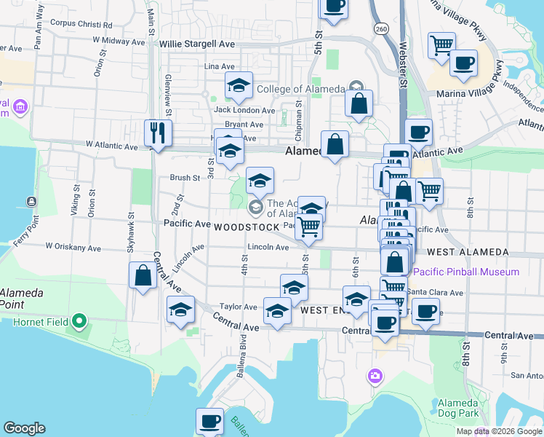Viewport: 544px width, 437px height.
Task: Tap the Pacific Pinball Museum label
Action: click(x=466, y=272)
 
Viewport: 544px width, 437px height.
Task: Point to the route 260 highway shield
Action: click(x=381, y=28)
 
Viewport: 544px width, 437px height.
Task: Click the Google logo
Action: click(x=24, y=428)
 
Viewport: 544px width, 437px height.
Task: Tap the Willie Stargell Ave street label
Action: click(x=197, y=44)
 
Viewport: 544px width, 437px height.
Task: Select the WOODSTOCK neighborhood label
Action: click(x=247, y=227)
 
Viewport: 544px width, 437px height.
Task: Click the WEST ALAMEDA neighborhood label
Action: click(x=468, y=252)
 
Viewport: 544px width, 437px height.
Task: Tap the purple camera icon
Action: click(x=375, y=376)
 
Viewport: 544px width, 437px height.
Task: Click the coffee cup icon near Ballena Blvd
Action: click(x=209, y=420)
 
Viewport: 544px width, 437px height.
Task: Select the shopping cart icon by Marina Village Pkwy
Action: click(x=441, y=46)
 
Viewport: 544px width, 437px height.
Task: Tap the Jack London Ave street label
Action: click(x=244, y=111)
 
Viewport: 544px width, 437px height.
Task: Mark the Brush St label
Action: click(x=185, y=178)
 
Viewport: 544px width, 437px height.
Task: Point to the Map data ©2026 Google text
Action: click(x=499, y=431)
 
